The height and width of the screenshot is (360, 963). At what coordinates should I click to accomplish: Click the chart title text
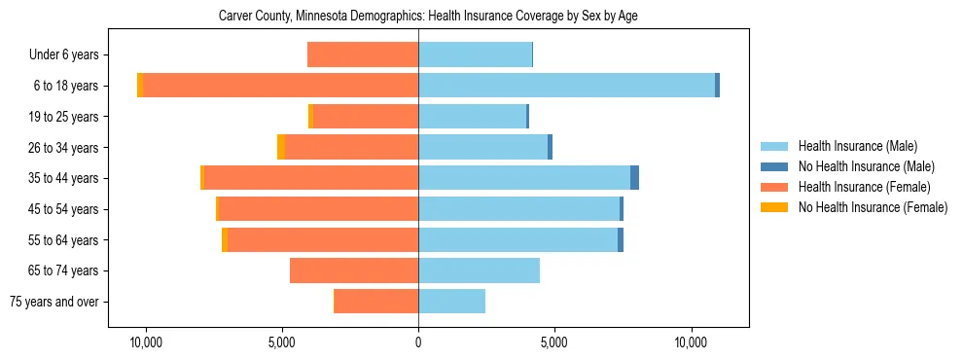tap(428, 17)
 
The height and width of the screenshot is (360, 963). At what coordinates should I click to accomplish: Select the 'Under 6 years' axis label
tap(69, 54)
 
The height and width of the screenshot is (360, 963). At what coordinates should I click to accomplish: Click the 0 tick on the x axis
tap(418, 342)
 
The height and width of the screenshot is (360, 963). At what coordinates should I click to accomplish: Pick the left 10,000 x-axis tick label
tap(146, 342)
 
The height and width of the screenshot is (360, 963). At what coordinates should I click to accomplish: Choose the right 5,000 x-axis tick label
tap(553, 342)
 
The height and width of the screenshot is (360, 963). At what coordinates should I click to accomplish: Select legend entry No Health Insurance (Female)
tap(873, 207)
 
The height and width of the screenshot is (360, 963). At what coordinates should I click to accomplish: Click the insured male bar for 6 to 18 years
tap(566, 86)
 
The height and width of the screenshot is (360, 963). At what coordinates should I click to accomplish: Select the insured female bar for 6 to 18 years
tap(281, 86)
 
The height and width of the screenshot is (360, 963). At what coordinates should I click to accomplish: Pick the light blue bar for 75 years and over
tap(451, 302)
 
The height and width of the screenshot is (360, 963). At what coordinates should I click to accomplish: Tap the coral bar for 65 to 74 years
tap(354, 270)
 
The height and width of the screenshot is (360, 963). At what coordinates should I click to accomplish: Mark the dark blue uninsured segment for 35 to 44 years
tap(634, 178)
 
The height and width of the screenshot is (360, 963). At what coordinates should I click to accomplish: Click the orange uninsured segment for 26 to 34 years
tap(281, 147)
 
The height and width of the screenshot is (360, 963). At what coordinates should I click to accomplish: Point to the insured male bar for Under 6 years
tap(475, 54)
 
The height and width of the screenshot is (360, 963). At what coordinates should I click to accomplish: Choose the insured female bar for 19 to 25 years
tap(366, 117)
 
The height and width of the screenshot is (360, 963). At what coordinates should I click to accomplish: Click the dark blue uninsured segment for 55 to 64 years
tap(621, 239)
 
